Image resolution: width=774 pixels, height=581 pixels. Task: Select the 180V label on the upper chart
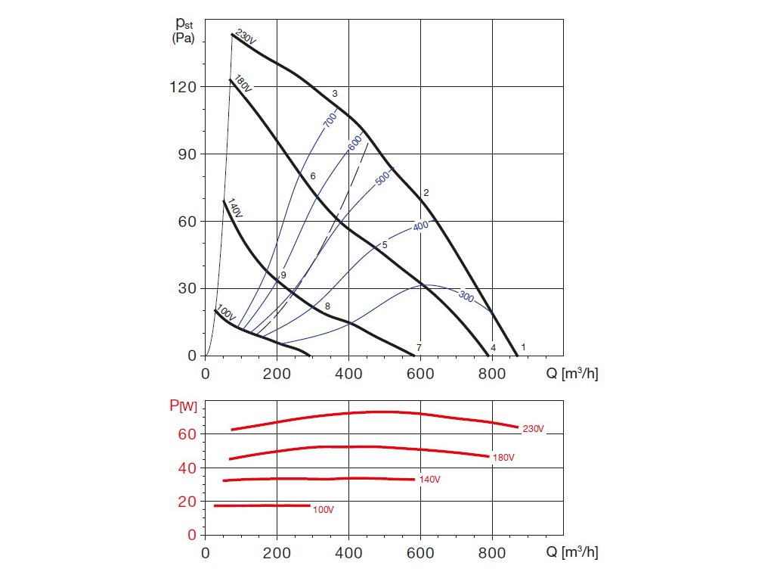(x=242, y=83)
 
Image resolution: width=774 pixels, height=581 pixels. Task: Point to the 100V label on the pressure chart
(x=226, y=312)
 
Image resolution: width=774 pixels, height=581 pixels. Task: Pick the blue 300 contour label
(x=466, y=297)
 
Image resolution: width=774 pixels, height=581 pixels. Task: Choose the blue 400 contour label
(x=421, y=225)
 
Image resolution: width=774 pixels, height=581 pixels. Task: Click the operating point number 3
(x=335, y=94)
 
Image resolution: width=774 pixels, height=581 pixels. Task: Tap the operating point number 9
(x=283, y=275)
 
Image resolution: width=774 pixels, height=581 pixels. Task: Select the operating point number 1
(x=523, y=346)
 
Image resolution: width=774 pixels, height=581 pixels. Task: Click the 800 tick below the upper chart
(x=492, y=373)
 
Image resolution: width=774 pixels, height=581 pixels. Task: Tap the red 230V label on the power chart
(x=533, y=429)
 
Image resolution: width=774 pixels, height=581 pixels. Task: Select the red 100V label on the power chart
(x=323, y=510)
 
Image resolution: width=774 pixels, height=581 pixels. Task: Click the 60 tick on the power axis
(x=187, y=434)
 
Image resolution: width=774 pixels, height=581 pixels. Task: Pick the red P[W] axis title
(x=182, y=406)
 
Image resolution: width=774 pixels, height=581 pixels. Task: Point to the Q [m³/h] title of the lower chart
(x=571, y=552)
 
